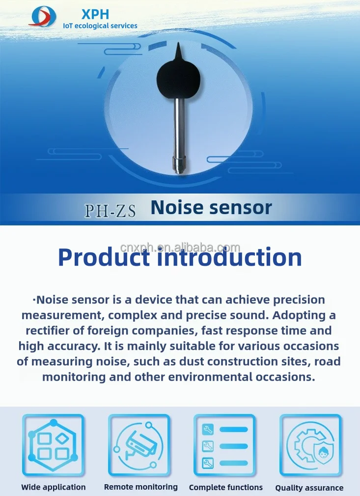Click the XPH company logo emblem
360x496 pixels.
[x=43, y=16]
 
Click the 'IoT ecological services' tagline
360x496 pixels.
[x=100, y=26]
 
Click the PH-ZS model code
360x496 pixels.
[x=110, y=210]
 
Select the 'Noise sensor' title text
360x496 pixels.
[x=211, y=208]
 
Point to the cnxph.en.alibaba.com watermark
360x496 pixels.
[x=180, y=248]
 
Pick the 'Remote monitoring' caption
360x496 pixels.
[x=140, y=487]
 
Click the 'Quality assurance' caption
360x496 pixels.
[x=309, y=488]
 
